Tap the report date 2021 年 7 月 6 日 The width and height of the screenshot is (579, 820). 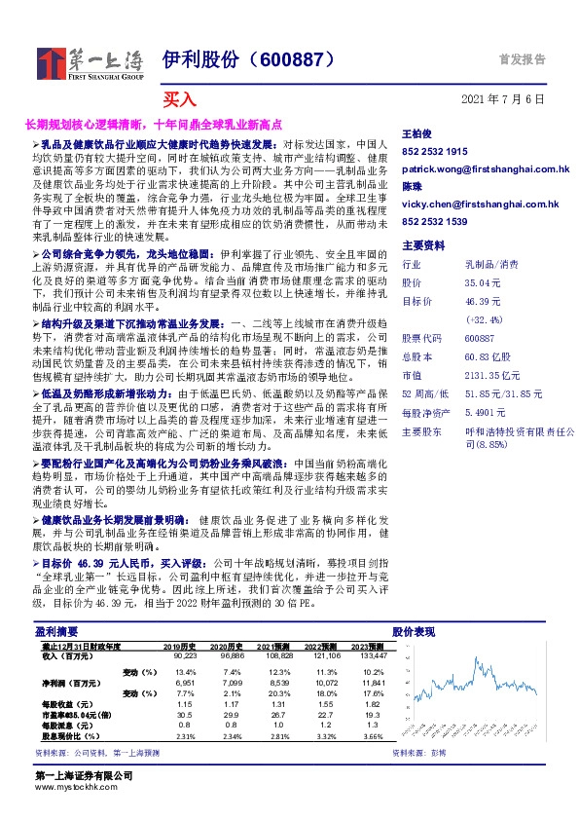502,99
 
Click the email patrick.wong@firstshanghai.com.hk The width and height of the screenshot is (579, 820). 486,169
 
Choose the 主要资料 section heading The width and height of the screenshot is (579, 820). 423,245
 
